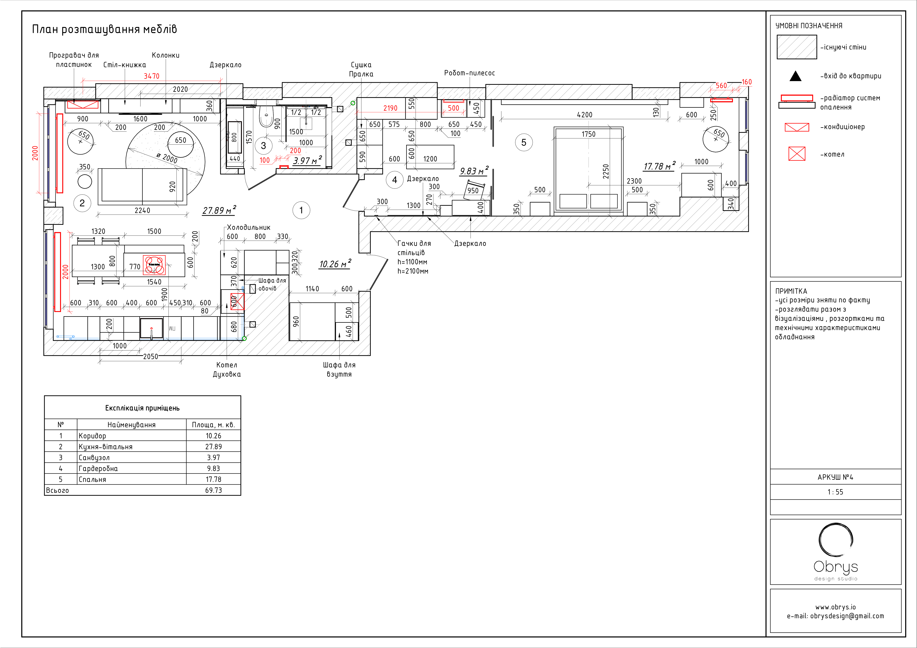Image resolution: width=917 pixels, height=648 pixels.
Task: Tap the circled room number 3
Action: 263,146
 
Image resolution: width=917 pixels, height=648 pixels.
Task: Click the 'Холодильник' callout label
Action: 248,227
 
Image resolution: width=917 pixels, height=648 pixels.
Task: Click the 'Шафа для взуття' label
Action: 339,369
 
